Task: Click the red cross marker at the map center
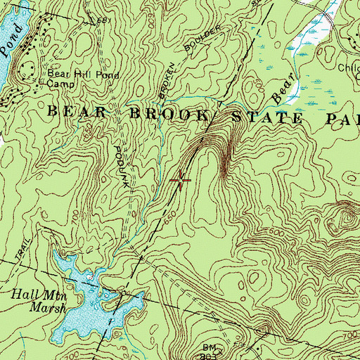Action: tap(181, 181)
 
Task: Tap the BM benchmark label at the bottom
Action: tap(210, 347)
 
